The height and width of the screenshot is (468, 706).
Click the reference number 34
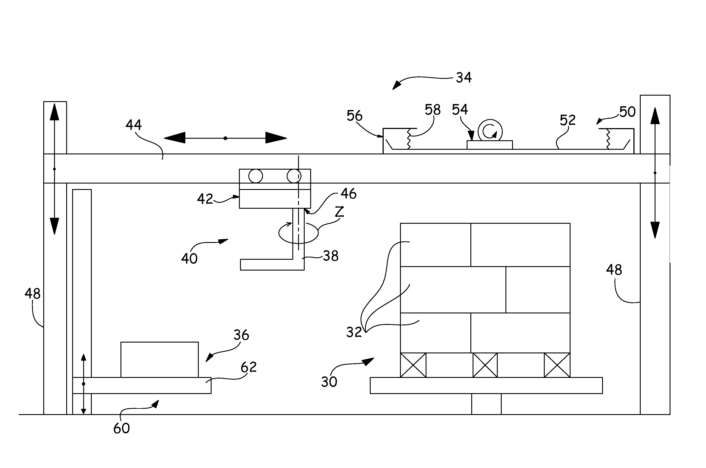click(x=464, y=78)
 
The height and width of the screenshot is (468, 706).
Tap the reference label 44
click(x=133, y=125)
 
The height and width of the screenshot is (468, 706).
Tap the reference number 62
click(x=249, y=367)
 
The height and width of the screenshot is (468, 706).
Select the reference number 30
click(x=329, y=382)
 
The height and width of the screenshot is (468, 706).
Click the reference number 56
click(x=354, y=116)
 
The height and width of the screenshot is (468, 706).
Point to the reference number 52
click(x=567, y=120)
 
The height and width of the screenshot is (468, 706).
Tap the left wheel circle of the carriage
click(x=255, y=176)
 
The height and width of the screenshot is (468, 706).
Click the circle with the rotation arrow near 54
click(x=490, y=131)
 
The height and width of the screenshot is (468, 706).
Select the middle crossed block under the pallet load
click(x=485, y=365)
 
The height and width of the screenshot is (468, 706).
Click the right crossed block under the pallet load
click(x=557, y=365)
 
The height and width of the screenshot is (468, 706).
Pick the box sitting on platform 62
click(x=160, y=360)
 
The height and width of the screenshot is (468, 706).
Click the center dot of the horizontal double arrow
click(x=225, y=138)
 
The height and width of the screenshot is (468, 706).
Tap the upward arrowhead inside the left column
click(x=54, y=112)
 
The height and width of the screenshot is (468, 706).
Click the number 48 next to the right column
click(x=614, y=270)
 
